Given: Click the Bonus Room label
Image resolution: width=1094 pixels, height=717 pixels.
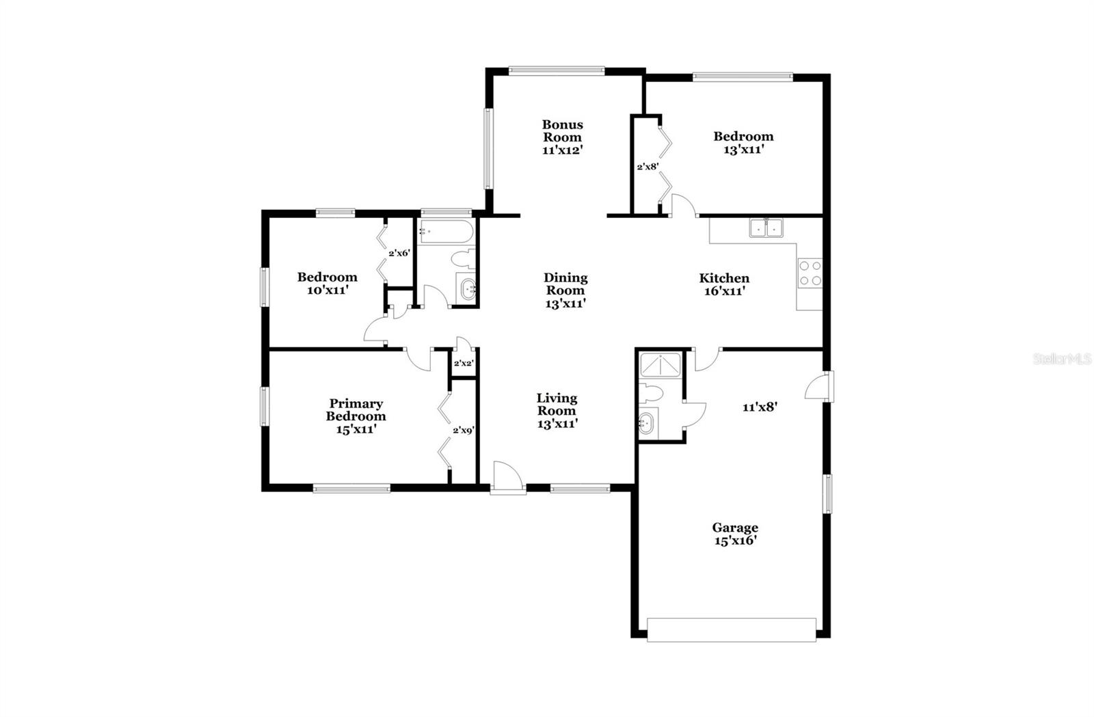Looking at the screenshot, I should pos(562,137).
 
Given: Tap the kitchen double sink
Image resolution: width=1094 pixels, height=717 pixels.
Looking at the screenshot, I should pos(766,228).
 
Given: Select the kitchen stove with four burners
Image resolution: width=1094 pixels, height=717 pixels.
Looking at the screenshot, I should pos(810,273).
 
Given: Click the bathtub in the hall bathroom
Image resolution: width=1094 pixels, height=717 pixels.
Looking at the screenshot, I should pos(446,232).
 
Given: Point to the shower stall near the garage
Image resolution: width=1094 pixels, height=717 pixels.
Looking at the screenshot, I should pos(660,365).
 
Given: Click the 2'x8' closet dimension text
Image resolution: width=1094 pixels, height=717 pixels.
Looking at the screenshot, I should pos(648,166).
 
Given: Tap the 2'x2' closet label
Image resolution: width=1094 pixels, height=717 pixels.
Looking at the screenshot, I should pos(464,363).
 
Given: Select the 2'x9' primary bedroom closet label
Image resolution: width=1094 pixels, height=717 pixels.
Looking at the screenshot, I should pos(464,431).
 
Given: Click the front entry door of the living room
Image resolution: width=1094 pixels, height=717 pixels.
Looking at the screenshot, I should pos(507,478).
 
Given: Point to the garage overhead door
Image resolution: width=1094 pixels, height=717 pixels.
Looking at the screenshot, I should pos(731,630).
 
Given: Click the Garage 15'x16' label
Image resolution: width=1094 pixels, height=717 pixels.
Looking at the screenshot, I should pos(735,534).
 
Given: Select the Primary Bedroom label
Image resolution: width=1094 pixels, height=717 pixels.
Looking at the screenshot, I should pos(356,416).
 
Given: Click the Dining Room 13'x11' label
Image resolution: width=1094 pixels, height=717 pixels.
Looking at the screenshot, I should pos(565,290).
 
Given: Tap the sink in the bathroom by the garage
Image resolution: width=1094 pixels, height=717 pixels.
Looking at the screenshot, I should pos(646,424).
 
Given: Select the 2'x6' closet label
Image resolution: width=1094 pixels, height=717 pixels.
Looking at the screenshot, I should pos(399,253).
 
